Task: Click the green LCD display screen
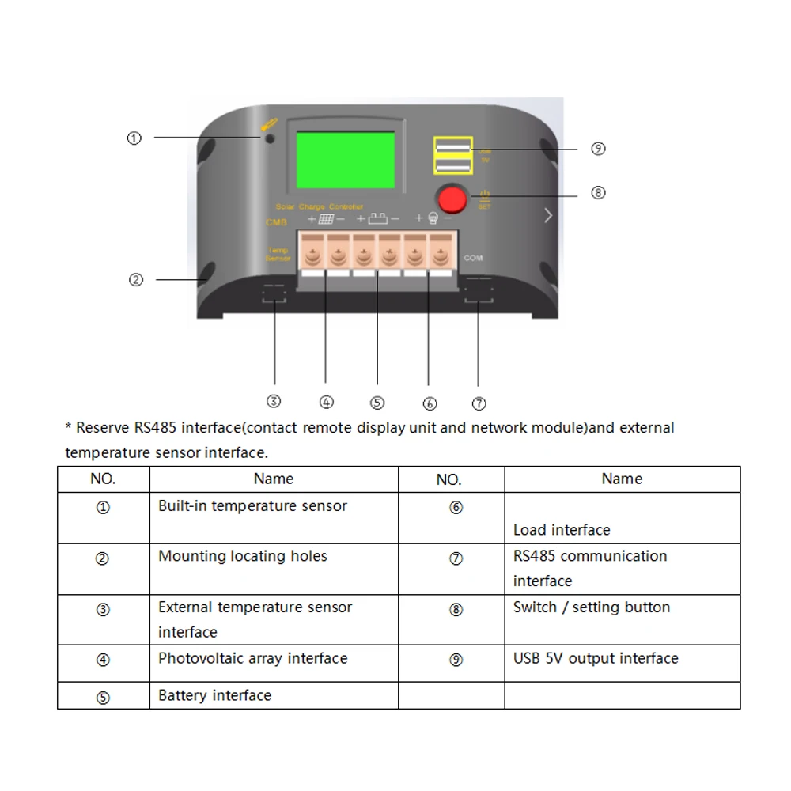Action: tap(345, 160)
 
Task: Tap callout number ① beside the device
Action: tap(134, 138)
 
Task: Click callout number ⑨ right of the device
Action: tap(598, 149)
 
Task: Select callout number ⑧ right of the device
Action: tap(598, 192)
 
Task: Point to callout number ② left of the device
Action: tap(136, 280)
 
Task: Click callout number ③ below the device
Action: tap(274, 401)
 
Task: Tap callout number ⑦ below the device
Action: tap(479, 403)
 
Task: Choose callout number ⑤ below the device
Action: tap(377, 403)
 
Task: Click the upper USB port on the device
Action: tap(452, 146)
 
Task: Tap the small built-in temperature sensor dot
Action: tap(270, 138)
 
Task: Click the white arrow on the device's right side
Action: tap(548, 215)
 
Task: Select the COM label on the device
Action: tap(473, 258)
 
